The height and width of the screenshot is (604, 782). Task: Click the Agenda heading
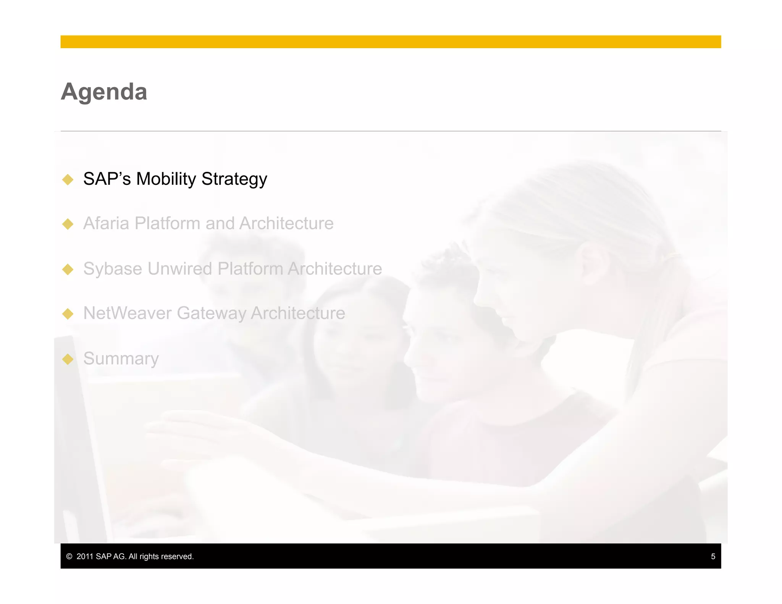pos(104,92)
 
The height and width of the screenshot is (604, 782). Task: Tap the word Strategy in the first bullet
pos(234,179)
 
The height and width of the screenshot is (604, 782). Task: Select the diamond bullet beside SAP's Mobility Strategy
pos(68,179)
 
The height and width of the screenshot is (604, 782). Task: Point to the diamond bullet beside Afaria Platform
pos(68,224)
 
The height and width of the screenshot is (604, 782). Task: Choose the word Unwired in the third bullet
pos(179,269)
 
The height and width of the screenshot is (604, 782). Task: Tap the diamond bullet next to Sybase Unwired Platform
pos(68,269)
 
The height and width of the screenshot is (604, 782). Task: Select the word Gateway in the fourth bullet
pos(211,313)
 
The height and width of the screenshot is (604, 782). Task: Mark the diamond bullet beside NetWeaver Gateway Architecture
pos(68,314)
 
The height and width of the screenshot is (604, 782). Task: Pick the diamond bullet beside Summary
pos(68,359)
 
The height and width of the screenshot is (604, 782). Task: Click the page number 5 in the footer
pos(713,557)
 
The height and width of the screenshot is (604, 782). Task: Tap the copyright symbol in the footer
pos(69,557)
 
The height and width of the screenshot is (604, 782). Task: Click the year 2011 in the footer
pos(85,557)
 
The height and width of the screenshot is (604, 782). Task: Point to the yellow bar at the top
pos(390,42)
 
